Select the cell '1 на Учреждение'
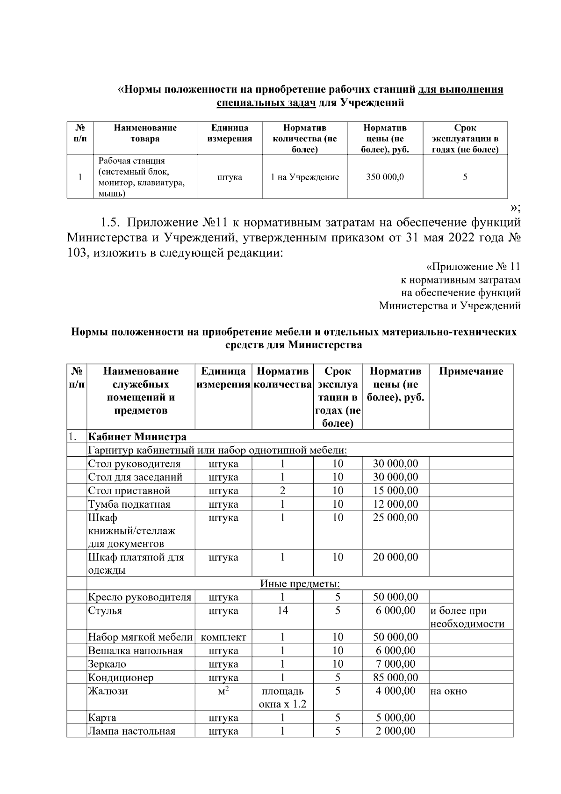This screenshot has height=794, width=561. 305,177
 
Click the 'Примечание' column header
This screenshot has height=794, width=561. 471,372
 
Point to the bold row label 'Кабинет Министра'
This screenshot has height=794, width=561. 137,437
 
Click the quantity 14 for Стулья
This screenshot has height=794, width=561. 282,611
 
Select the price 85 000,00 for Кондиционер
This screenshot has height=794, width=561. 396,677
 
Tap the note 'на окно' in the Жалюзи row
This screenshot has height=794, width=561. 448,691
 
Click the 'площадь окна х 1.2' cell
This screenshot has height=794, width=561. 282,698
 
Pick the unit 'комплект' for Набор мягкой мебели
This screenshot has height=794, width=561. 223,637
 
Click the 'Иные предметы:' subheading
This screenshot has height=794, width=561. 300,584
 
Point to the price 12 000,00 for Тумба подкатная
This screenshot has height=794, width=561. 396,504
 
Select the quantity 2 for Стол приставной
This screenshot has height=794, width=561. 282,491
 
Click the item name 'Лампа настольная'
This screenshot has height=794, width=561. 132,731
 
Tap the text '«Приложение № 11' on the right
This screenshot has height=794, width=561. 473,267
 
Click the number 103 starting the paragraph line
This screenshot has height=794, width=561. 78,253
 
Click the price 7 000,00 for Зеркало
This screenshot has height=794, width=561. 396,664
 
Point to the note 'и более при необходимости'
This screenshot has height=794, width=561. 467,617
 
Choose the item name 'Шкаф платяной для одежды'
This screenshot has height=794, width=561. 136,564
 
